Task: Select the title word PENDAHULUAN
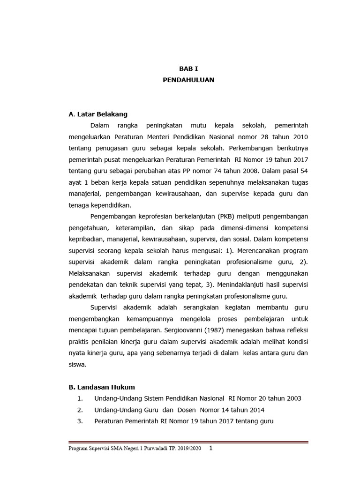click(188, 80)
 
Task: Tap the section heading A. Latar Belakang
click(98, 114)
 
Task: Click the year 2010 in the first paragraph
click(300, 136)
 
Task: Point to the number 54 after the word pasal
click(303, 171)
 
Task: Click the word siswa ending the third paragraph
click(77, 364)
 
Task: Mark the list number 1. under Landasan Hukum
click(80, 398)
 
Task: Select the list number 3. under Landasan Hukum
click(80, 421)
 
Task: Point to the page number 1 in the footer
click(211, 448)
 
